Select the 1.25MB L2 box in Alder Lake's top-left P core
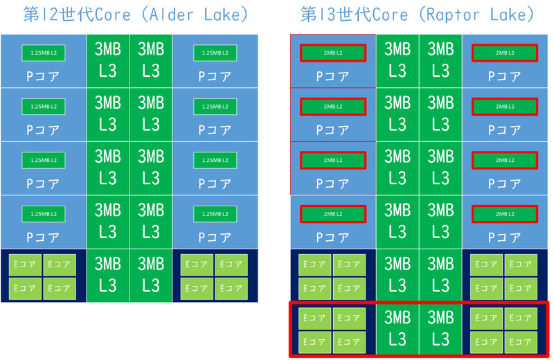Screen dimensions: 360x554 tap(43, 52)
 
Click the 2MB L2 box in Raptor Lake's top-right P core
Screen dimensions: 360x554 tap(504, 53)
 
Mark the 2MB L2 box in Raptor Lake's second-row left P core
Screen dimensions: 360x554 tap(333, 107)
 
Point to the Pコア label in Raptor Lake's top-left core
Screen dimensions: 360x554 tap(333, 76)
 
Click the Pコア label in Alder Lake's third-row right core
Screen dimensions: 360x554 tap(215, 184)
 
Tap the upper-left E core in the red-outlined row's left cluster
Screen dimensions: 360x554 tap(315, 318)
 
